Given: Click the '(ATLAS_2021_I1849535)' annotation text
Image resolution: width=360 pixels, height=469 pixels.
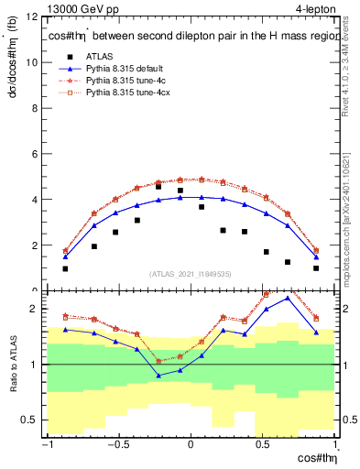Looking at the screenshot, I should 191,274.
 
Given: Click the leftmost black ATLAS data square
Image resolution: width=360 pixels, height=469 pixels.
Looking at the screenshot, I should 66,268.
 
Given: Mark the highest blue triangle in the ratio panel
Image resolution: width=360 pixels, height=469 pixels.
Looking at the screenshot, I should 288,298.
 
